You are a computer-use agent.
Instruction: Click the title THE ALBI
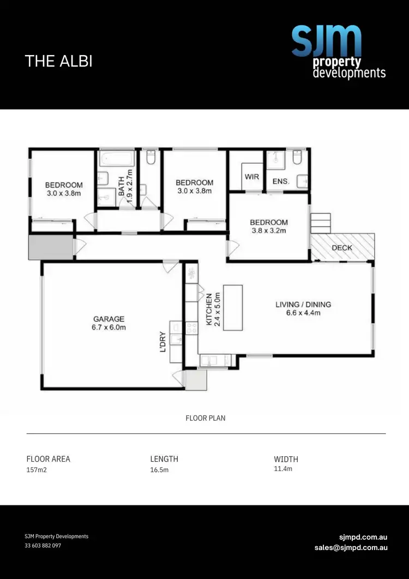[x=59, y=61]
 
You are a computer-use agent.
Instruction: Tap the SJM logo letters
[x=326, y=41]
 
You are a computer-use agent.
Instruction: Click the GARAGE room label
[x=109, y=319]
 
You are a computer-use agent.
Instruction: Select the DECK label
[x=342, y=248]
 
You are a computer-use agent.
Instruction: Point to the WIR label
[x=251, y=177]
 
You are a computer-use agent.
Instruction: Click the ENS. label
[x=280, y=181]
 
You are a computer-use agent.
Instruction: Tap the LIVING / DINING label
[x=303, y=305]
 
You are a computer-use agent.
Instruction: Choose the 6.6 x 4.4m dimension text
[x=303, y=313]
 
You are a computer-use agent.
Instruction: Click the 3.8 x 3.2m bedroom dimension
[x=268, y=231]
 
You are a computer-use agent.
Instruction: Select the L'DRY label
[x=163, y=340]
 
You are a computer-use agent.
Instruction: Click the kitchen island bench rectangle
[x=233, y=307]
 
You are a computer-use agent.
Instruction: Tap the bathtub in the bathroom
[x=117, y=159]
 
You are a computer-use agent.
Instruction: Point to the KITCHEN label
[x=208, y=309]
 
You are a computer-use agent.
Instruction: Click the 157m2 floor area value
[x=37, y=470]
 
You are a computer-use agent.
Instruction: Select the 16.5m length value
[x=159, y=470]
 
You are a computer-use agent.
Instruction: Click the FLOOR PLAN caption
[x=206, y=418]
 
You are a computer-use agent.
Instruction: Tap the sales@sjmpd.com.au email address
[x=351, y=547]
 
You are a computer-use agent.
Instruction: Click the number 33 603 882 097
[x=43, y=546]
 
